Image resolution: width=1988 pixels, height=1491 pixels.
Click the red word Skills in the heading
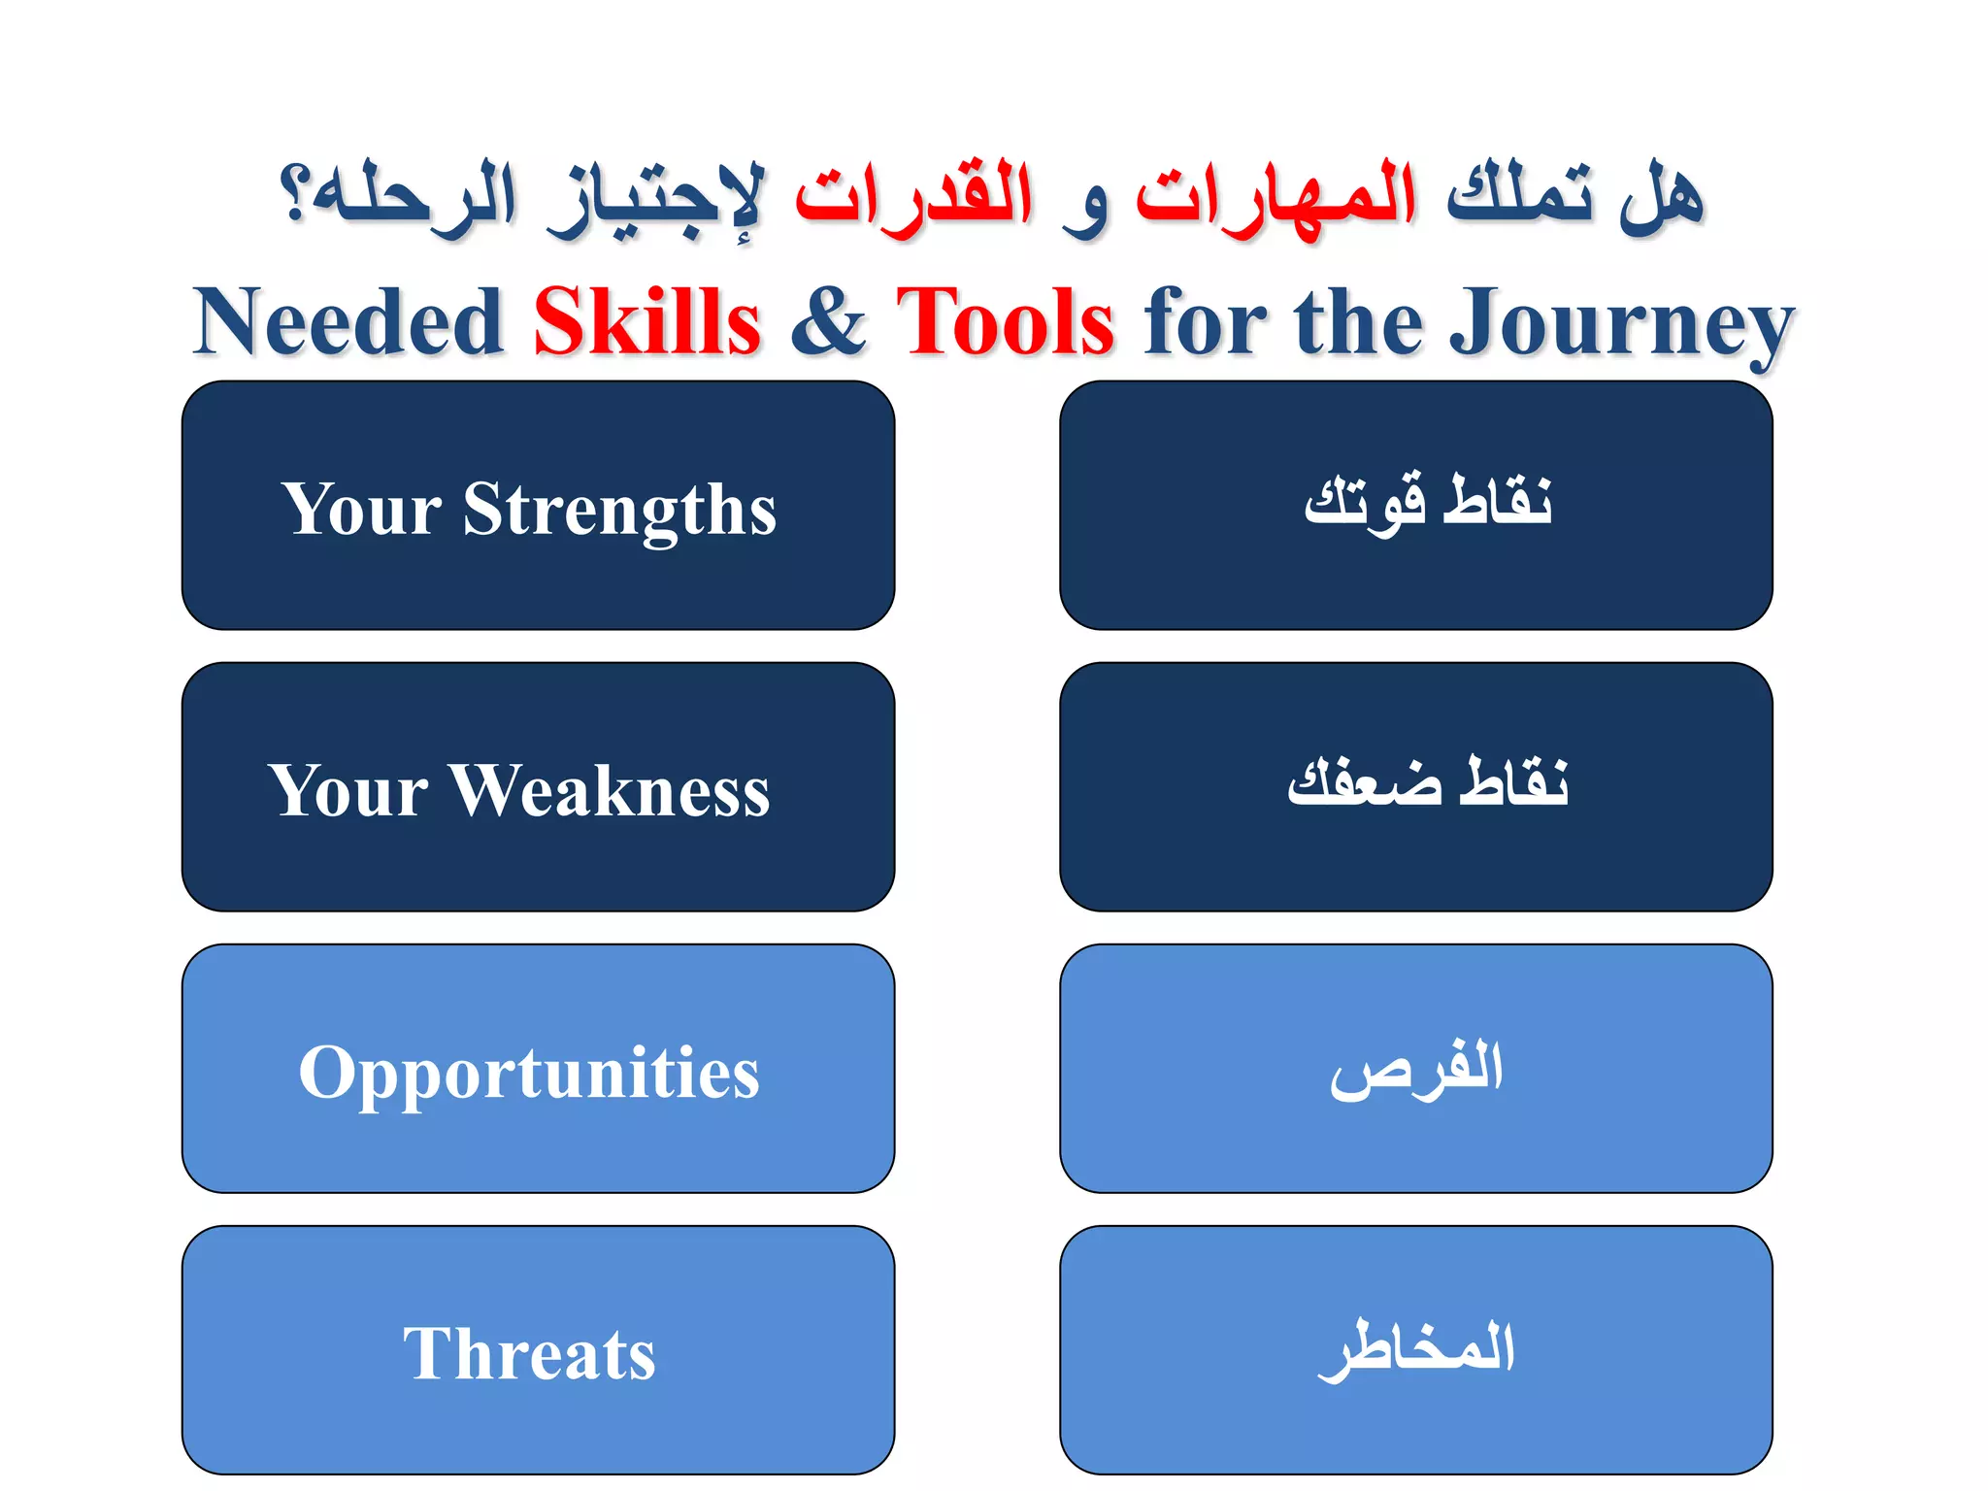[646, 321]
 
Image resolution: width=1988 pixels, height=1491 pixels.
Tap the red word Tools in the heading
[1005, 321]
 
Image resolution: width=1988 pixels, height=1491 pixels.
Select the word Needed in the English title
[348, 321]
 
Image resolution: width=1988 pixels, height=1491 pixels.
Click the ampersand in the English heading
[827, 321]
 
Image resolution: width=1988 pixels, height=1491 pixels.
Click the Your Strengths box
[538, 505]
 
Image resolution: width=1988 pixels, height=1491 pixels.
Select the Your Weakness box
[538, 786]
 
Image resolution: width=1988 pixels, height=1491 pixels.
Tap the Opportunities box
[538, 1068]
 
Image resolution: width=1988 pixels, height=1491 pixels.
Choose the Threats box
[538, 1349]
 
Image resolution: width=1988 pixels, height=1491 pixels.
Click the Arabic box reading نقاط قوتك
[1415, 505]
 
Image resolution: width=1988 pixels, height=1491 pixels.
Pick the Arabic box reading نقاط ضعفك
[1415, 786]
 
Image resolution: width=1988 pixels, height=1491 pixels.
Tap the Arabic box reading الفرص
[1415, 1068]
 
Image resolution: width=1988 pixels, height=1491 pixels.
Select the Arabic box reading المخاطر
[1415, 1349]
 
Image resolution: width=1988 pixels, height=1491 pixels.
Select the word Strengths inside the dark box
[619, 510]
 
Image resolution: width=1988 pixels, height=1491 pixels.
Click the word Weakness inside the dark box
[610, 790]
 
